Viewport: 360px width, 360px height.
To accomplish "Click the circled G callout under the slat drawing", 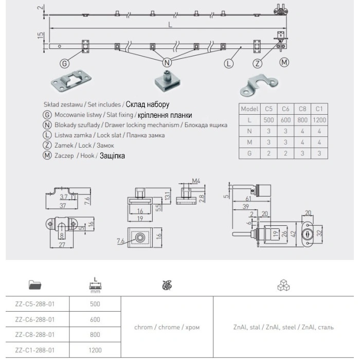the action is click(64, 63).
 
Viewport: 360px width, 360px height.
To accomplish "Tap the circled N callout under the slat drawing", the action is click(167, 62).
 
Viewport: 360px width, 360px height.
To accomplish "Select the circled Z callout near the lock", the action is click(257, 63).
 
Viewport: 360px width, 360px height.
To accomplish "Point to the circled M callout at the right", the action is click(284, 62).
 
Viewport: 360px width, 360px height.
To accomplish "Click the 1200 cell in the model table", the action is click(319, 120).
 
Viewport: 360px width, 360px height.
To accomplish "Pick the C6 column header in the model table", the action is click(285, 109).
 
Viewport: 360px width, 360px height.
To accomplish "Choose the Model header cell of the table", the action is click(249, 109).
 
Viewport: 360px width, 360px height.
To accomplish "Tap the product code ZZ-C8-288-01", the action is click(35, 335).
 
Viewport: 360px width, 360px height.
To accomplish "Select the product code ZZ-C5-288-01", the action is click(35, 304).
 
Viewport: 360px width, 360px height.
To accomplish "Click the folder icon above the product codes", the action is click(35, 285).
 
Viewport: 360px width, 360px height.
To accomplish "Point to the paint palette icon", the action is click(167, 285).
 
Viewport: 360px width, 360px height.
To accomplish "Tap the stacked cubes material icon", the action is click(283, 285).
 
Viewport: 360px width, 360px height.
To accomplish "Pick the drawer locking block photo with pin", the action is click(167, 81).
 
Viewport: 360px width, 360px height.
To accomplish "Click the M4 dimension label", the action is click(196, 181).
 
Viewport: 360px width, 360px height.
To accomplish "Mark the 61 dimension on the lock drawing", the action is click(248, 198).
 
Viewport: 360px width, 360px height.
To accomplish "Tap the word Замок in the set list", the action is click(105, 146).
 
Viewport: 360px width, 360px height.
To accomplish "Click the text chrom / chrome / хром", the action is click(167, 327).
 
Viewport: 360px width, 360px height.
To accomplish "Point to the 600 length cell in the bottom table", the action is click(95, 319).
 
